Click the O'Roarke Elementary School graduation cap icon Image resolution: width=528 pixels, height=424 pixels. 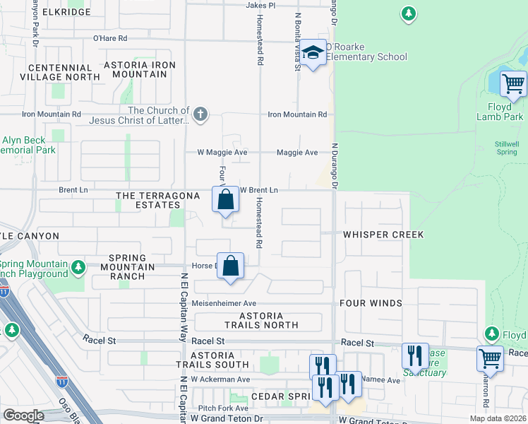tap(313, 54)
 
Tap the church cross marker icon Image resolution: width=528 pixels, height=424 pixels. tap(200, 114)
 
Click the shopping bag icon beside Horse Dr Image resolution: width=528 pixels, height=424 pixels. tap(231, 266)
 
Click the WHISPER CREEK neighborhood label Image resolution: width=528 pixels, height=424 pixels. tap(383, 235)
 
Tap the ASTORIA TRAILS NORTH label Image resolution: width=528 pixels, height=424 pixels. tap(261, 321)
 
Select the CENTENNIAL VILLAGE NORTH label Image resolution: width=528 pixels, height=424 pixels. tap(59, 72)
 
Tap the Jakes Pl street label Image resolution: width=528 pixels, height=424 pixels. tap(260, 5)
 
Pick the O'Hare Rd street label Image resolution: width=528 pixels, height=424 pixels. tap(110, 38)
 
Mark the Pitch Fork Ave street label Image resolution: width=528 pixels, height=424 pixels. tap(223, 408)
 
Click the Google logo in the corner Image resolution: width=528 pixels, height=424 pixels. tap(23, 416)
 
